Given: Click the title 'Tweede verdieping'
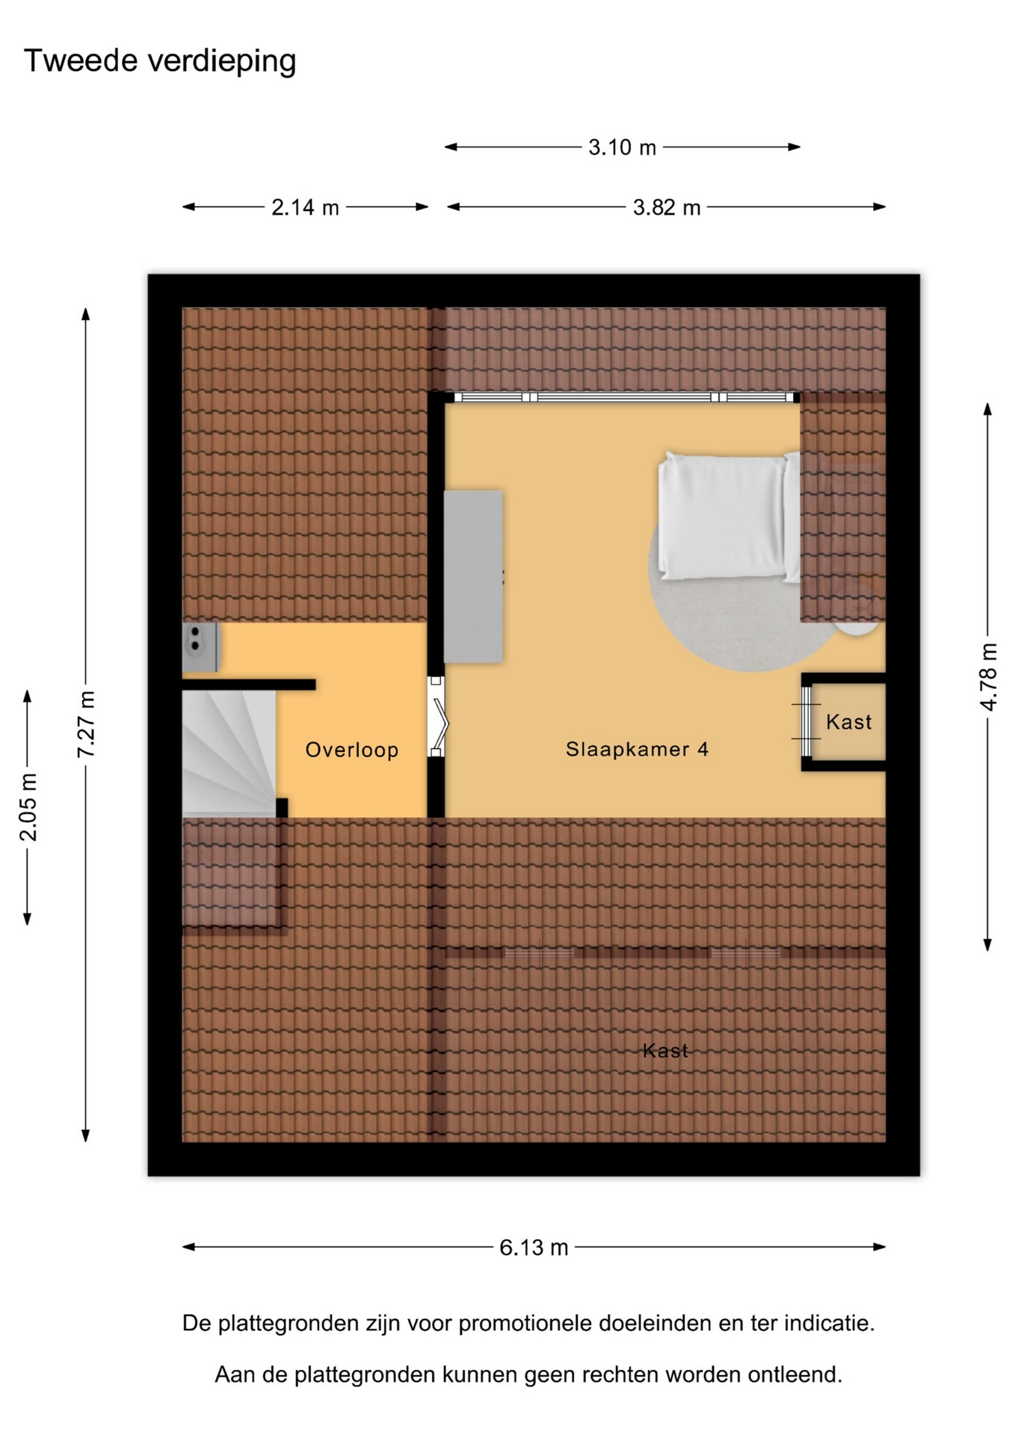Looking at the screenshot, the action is click(160, 61).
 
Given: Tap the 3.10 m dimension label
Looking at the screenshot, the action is click(622, 147).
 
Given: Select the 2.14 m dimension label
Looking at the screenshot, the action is click(305, 207).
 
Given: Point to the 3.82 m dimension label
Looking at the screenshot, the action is click(667, 207).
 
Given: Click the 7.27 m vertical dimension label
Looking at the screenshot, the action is click(86, 724).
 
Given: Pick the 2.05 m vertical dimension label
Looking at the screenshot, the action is click(28, 807).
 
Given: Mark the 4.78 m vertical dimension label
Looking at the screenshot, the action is click(987, 676).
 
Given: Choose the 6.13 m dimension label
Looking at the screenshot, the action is click(534, 1247).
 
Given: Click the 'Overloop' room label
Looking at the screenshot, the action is click(352, 750).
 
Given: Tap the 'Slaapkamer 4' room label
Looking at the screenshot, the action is click(637, 749).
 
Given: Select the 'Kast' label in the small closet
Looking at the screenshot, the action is click(849, 722).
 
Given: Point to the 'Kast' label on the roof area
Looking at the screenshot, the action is click(665, 1051).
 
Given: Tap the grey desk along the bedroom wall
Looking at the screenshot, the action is click(473, 576).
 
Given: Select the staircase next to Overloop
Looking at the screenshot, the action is click(229, 753).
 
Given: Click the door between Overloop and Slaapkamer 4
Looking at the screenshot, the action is click(437, 717).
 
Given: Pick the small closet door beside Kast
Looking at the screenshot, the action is click(806, 721).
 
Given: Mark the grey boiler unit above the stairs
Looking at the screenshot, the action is click(201, 647).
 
